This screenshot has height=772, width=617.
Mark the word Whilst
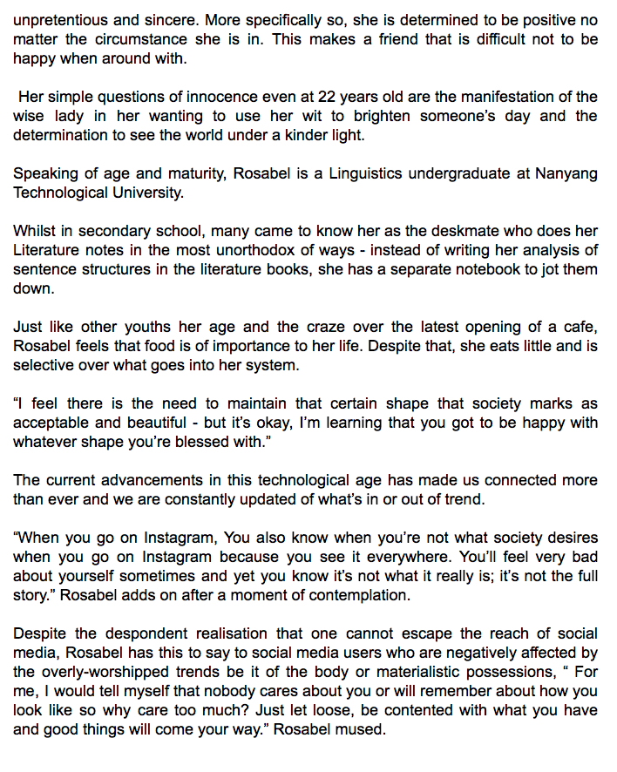[33, 232]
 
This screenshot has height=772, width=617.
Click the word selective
[41, 366]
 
